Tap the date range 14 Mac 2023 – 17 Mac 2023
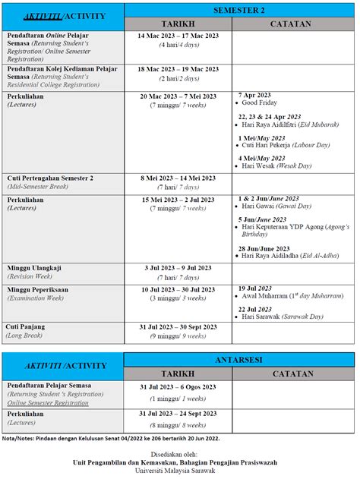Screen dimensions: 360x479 point(178,36)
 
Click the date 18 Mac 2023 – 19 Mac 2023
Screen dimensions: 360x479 point(178,68)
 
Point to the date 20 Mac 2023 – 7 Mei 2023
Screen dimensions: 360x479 point(178,96)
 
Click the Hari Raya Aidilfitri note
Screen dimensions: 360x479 point(283,124)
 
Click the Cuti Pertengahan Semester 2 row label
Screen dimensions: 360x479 point(50,178)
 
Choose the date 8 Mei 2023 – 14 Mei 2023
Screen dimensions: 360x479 point(178,178)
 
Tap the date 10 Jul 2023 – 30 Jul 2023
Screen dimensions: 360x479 point(178,289)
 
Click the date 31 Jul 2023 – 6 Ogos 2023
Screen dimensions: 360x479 point(178,386)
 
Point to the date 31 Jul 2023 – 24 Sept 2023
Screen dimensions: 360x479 point(178,414)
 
